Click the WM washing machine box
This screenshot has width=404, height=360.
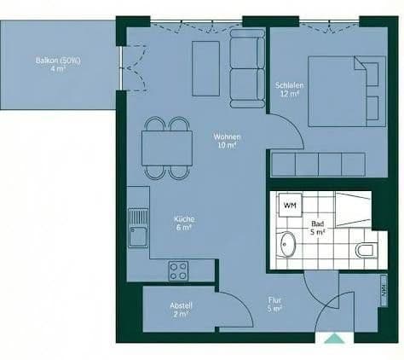coord(290,206)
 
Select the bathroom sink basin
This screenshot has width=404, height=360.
coord(287,244)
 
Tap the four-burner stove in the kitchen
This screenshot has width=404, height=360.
coord(179,271)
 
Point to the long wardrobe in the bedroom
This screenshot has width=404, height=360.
coord(317,163)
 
